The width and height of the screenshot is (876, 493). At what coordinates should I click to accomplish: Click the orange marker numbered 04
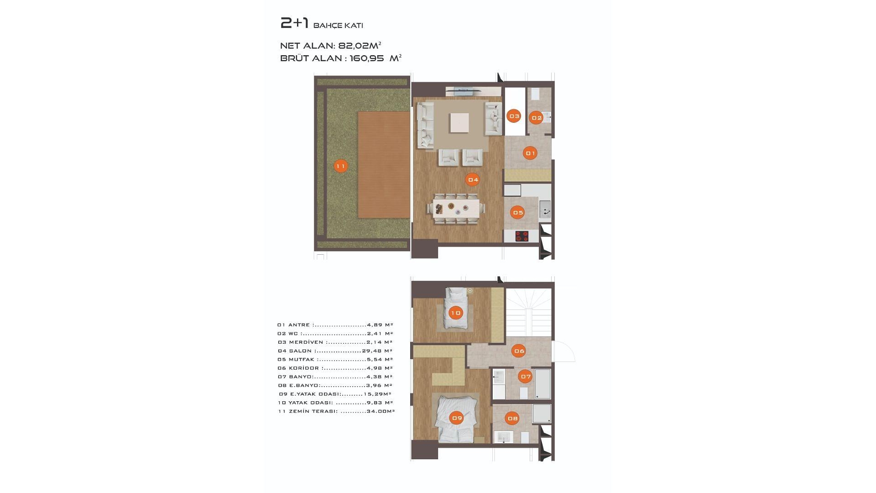(x=473, y=180)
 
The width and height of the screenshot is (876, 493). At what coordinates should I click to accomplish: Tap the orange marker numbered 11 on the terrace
(x=341, y=166)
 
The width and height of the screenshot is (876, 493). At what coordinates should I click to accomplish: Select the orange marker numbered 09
(x=456, y=418)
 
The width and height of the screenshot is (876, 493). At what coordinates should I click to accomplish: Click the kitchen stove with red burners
(x=522, y=236)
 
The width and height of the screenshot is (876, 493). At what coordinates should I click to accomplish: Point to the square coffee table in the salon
(x=459, y=122)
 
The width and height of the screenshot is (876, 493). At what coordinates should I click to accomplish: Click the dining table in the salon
(x=456, y=209)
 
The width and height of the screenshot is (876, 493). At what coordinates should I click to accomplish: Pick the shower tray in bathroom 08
(x=542, y=414)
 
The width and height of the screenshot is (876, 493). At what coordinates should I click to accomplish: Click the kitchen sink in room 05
(x=545, y=210)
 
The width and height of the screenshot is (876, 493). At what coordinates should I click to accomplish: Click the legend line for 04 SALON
(x=335, y=351)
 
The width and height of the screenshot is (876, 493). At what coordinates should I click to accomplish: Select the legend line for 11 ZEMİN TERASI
(x=336, y=411)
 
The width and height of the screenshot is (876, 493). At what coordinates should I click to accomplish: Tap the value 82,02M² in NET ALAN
(x=360, y=46)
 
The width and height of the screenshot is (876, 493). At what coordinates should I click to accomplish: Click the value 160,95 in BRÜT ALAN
(x=367, y=58)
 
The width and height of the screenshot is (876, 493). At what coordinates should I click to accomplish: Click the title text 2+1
(x=294, y=23)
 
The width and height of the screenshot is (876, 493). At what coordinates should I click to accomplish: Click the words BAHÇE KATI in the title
(x=338, y=26)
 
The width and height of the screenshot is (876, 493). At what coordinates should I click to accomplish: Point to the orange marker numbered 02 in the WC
(x=536, y=118)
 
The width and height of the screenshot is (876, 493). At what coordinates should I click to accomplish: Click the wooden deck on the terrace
(x=384, y=165)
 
